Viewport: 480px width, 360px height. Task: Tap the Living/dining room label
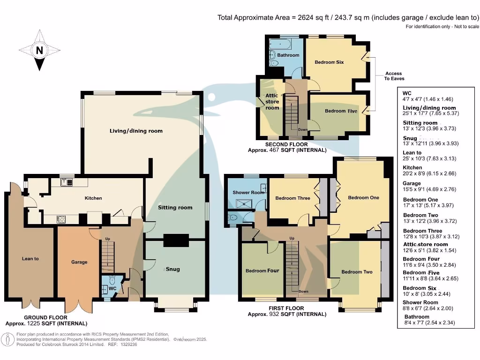[136, 131]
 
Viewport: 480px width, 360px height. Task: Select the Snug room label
[173, 269]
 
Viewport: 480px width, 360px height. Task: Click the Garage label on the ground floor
[79, 262]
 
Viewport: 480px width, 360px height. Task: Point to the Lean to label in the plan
[30, 258]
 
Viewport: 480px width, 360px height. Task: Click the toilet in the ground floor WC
[112, 281]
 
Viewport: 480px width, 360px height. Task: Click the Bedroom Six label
[329, 62]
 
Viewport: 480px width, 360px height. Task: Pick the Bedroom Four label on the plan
[262, 270]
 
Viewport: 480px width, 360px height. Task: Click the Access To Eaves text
[393, 76]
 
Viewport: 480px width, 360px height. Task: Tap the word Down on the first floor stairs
[303, 292]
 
